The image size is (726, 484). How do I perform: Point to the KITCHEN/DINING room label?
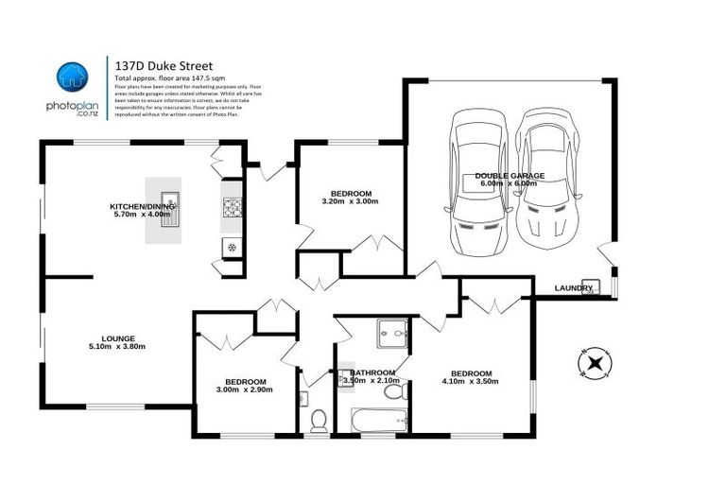(x=142, y=205)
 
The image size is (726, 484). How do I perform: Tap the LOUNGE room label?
(x=118, y=337)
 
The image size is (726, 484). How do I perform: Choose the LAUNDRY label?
(x=574, y=287)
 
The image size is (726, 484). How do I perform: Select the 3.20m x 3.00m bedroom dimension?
(x=350, y=201)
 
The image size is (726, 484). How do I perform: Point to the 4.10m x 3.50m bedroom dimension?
(x=470, y=381)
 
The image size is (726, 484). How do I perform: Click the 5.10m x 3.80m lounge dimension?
(x=118, y=347)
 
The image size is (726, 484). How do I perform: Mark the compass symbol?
(x=595, y=362)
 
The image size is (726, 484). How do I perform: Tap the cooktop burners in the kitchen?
(x=232, y=209)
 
